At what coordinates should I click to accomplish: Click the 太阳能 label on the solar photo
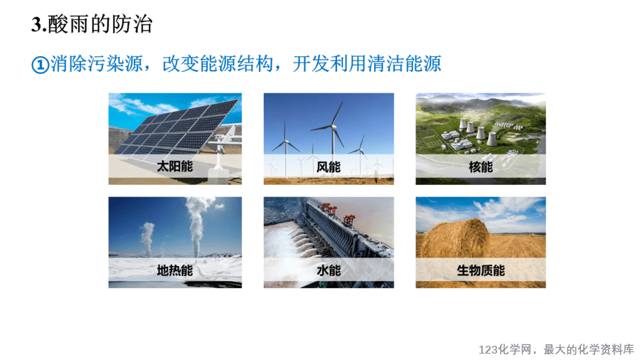coord(175,166)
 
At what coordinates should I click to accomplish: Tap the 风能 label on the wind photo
coord(329,166)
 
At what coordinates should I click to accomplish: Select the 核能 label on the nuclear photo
coord(481,166)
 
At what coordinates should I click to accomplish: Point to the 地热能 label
coord(175,270)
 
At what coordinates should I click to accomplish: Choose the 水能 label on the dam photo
coord(329,270)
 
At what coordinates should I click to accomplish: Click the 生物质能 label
coord(481,270)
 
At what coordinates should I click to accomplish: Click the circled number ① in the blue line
coord(40,65)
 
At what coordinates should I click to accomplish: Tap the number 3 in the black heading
coord(36,24)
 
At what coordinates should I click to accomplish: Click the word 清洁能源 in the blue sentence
coord(404,63)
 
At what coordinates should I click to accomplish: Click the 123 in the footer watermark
coord(488,350)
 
